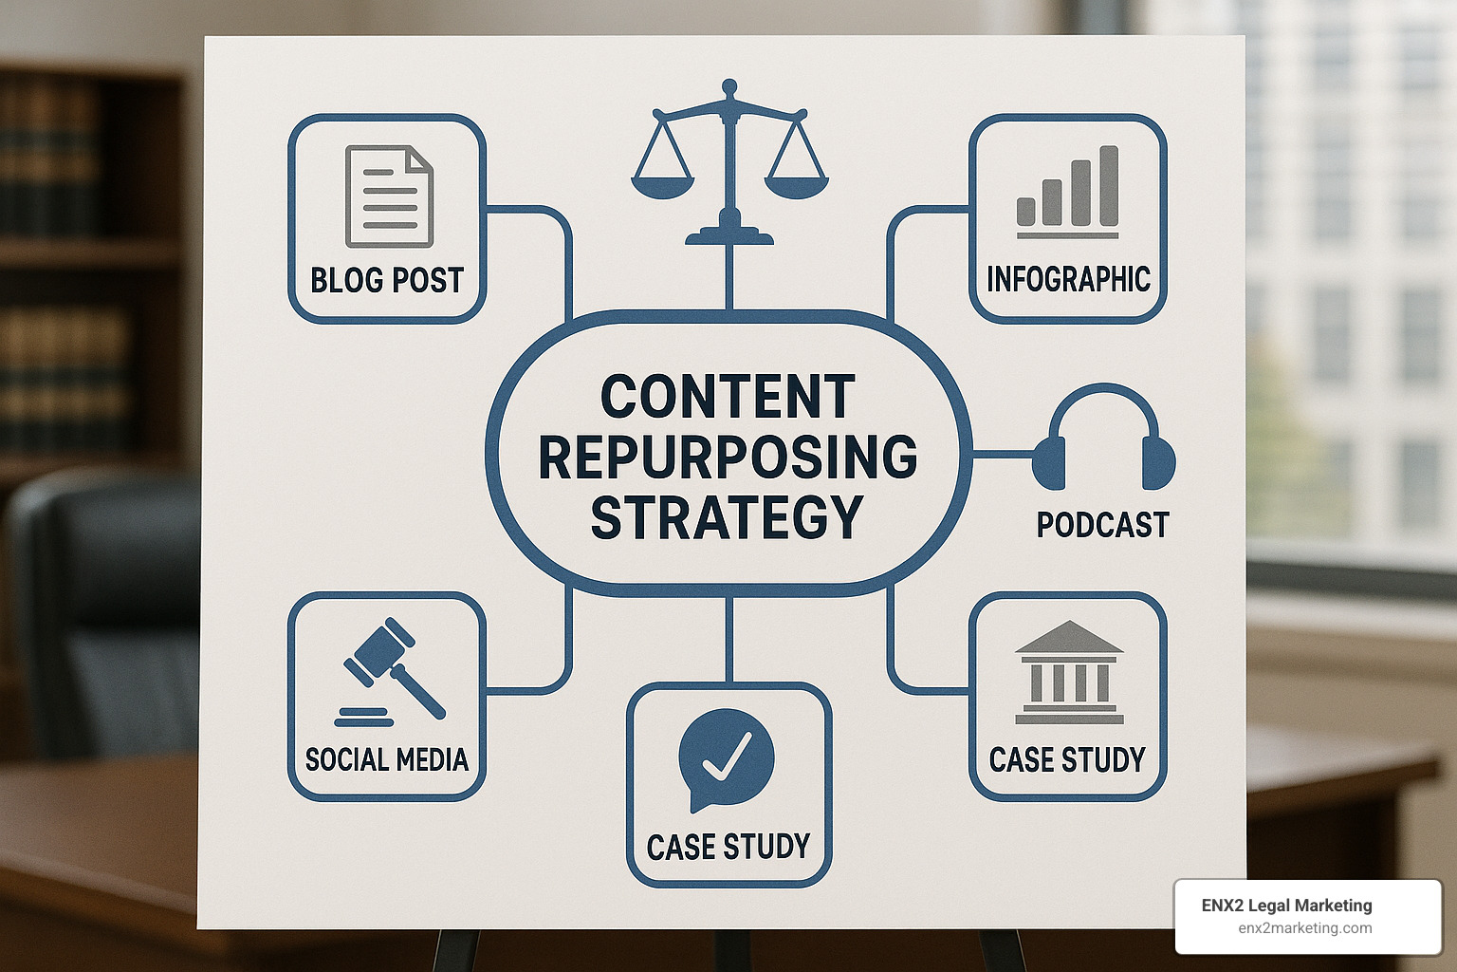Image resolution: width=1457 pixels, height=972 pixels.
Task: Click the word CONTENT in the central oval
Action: tap(728, 397)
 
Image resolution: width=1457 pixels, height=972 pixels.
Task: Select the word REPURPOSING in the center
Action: tap(728, 458)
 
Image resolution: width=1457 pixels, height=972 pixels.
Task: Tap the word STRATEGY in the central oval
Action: tap(728, 518)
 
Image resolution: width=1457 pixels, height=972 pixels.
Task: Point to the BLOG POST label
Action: tap(387, 281)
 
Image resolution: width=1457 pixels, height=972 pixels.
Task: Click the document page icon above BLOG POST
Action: tap(389, 196)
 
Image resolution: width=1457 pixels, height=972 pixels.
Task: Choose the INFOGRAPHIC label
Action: tap(1068, 280)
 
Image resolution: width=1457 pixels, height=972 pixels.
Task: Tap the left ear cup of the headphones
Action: tap(1049, 462)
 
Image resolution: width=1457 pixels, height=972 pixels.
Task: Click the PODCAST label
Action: tap(1102, 525)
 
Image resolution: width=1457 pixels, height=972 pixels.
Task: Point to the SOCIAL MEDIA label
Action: tap(387, 759)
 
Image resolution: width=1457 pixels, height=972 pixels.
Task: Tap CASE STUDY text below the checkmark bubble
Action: tap(728, 847)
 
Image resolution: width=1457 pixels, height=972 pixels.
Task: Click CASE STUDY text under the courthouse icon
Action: tap(1067, 759)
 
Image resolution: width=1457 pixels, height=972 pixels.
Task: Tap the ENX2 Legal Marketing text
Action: tap(1286, 906)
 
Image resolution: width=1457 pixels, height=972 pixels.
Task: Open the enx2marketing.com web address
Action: tap(1304, 928)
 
